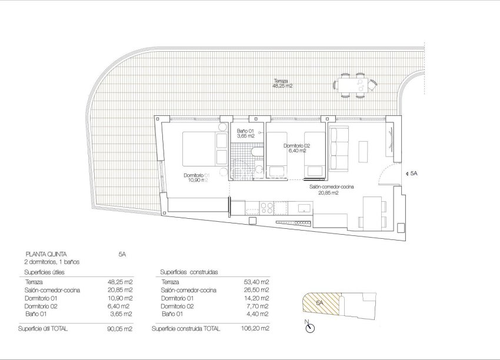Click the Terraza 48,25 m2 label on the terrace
point(282,83)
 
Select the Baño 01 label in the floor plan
point(246,133)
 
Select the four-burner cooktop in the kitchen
point(266,208)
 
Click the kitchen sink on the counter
point(304,208)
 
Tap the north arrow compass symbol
point(308,326)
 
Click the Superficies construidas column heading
point(189,272)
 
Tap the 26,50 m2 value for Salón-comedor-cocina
point(256,290)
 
